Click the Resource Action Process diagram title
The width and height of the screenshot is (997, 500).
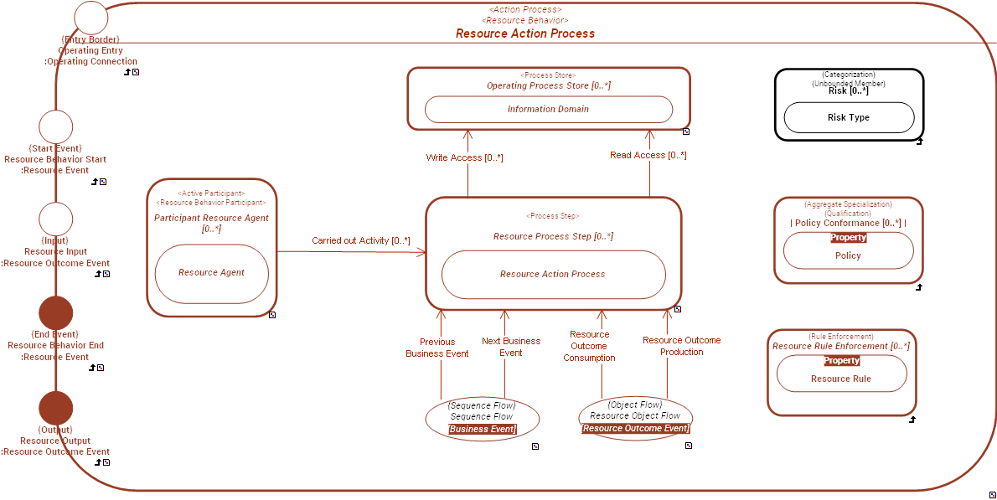tap(525, 34)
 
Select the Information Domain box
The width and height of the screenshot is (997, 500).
tap(548, 109)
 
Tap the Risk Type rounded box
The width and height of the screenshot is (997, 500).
tap(848, 118)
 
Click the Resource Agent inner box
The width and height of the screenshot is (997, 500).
tap(211, 273)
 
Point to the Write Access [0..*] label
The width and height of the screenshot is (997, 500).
tap(464, 157)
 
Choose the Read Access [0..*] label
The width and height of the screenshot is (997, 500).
tap(648, 155)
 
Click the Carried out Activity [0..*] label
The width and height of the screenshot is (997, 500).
tap(361, 241)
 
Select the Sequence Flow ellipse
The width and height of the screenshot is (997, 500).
tap(482, 417)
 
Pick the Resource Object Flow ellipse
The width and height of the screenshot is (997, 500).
tap(635, 416)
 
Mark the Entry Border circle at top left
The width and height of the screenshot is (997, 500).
tap(91, 18)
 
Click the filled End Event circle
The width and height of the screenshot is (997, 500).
tap(56, 313)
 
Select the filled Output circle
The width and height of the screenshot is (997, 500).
tap(56, 408)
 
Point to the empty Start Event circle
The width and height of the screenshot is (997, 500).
tap(56, 127)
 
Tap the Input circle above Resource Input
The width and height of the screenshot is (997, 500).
tap(56, 219)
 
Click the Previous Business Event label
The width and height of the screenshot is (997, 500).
tap(437, 348)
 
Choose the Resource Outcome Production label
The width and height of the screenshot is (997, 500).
tap(681, 346)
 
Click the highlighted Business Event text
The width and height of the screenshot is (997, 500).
tap(482, 429)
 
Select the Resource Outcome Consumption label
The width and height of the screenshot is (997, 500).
tap(589, 346)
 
